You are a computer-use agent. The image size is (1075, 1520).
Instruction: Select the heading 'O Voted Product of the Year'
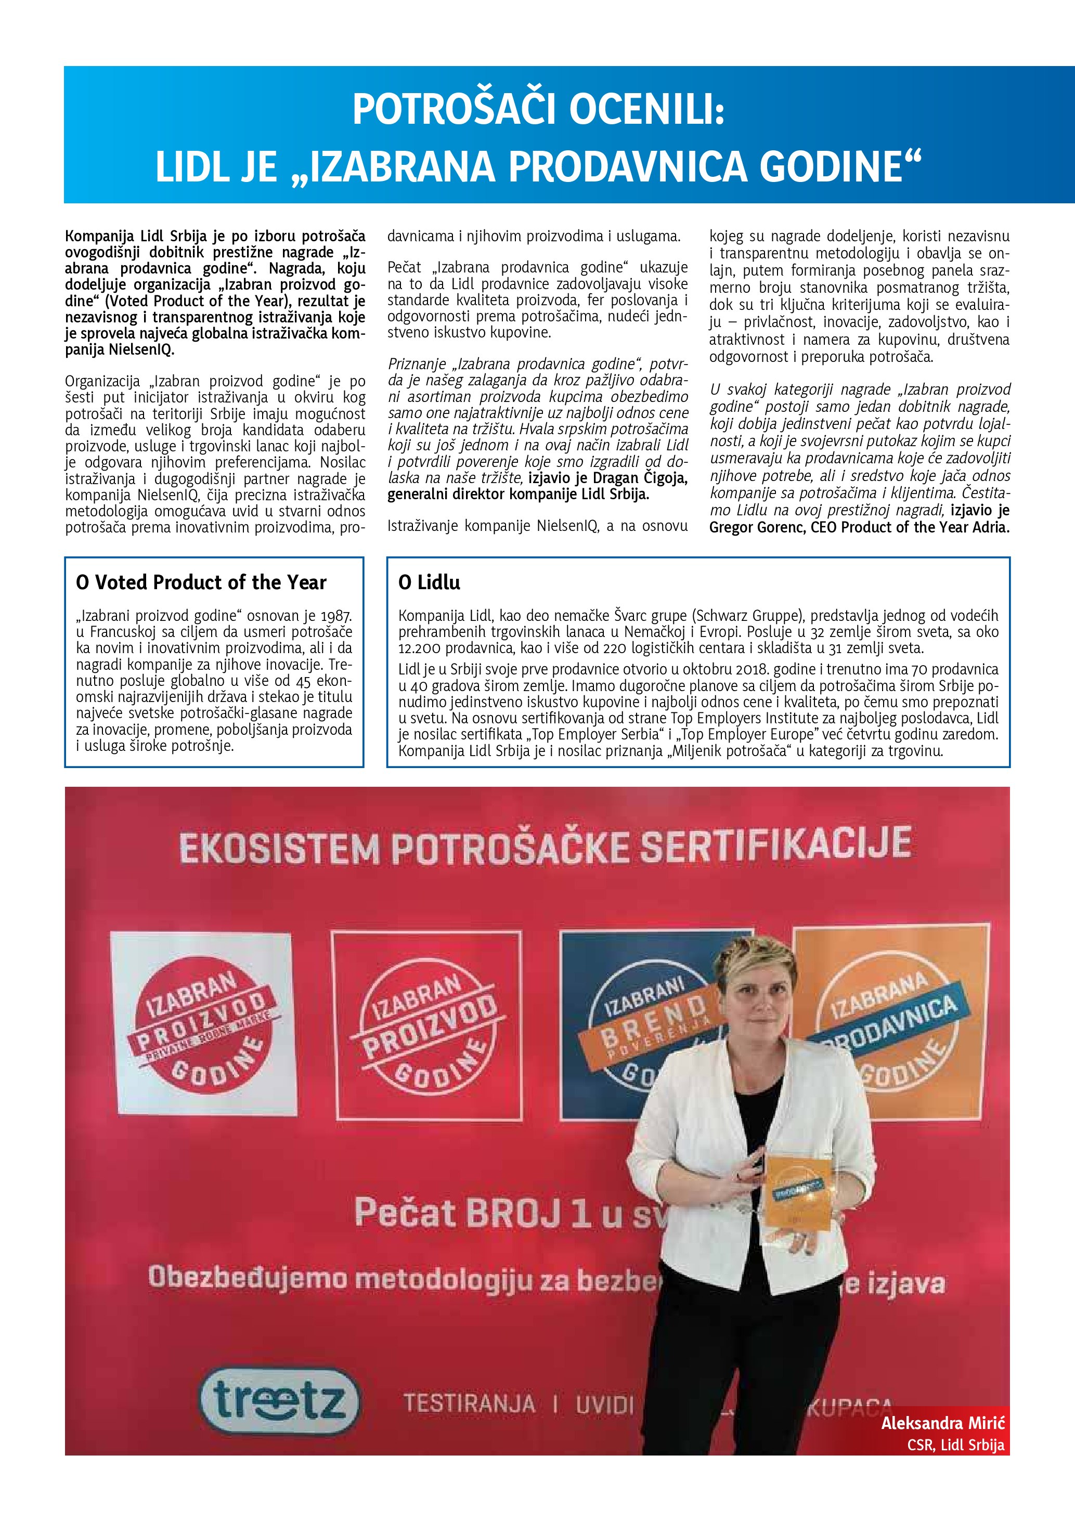(201, 582)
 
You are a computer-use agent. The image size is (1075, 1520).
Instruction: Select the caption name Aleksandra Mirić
(942, 1423)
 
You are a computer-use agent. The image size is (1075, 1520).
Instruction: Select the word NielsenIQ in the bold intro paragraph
(141, 350)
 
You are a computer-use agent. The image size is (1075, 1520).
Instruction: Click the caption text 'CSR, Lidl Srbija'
(955, 1445)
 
